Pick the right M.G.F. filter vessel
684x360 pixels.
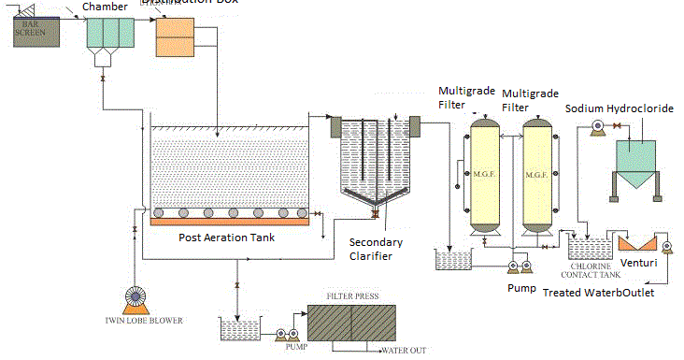point(536,175)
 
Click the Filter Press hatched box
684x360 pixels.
point(351,327)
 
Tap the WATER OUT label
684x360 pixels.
point(403,352)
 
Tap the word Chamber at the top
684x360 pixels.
point(105,7)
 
